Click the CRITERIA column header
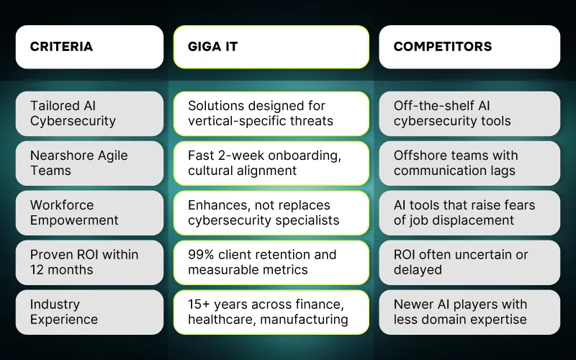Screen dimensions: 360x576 pos(89,47)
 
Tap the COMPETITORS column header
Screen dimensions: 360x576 pos(469,47)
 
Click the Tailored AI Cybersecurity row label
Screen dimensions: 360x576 pos(89,114)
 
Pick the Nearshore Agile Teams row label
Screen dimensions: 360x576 pos(89,163)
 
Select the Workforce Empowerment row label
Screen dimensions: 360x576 pos(89,213)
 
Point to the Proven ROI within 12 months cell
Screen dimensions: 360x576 pos(89,263)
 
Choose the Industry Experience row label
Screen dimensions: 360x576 pos(89,312)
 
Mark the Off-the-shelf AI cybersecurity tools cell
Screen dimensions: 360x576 pos(469,114)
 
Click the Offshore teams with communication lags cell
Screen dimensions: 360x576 pos(469,163)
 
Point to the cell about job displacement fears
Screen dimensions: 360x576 pos(469,213)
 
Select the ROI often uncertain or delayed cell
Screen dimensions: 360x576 pos(469,263)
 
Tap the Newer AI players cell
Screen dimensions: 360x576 pos(469,312)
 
